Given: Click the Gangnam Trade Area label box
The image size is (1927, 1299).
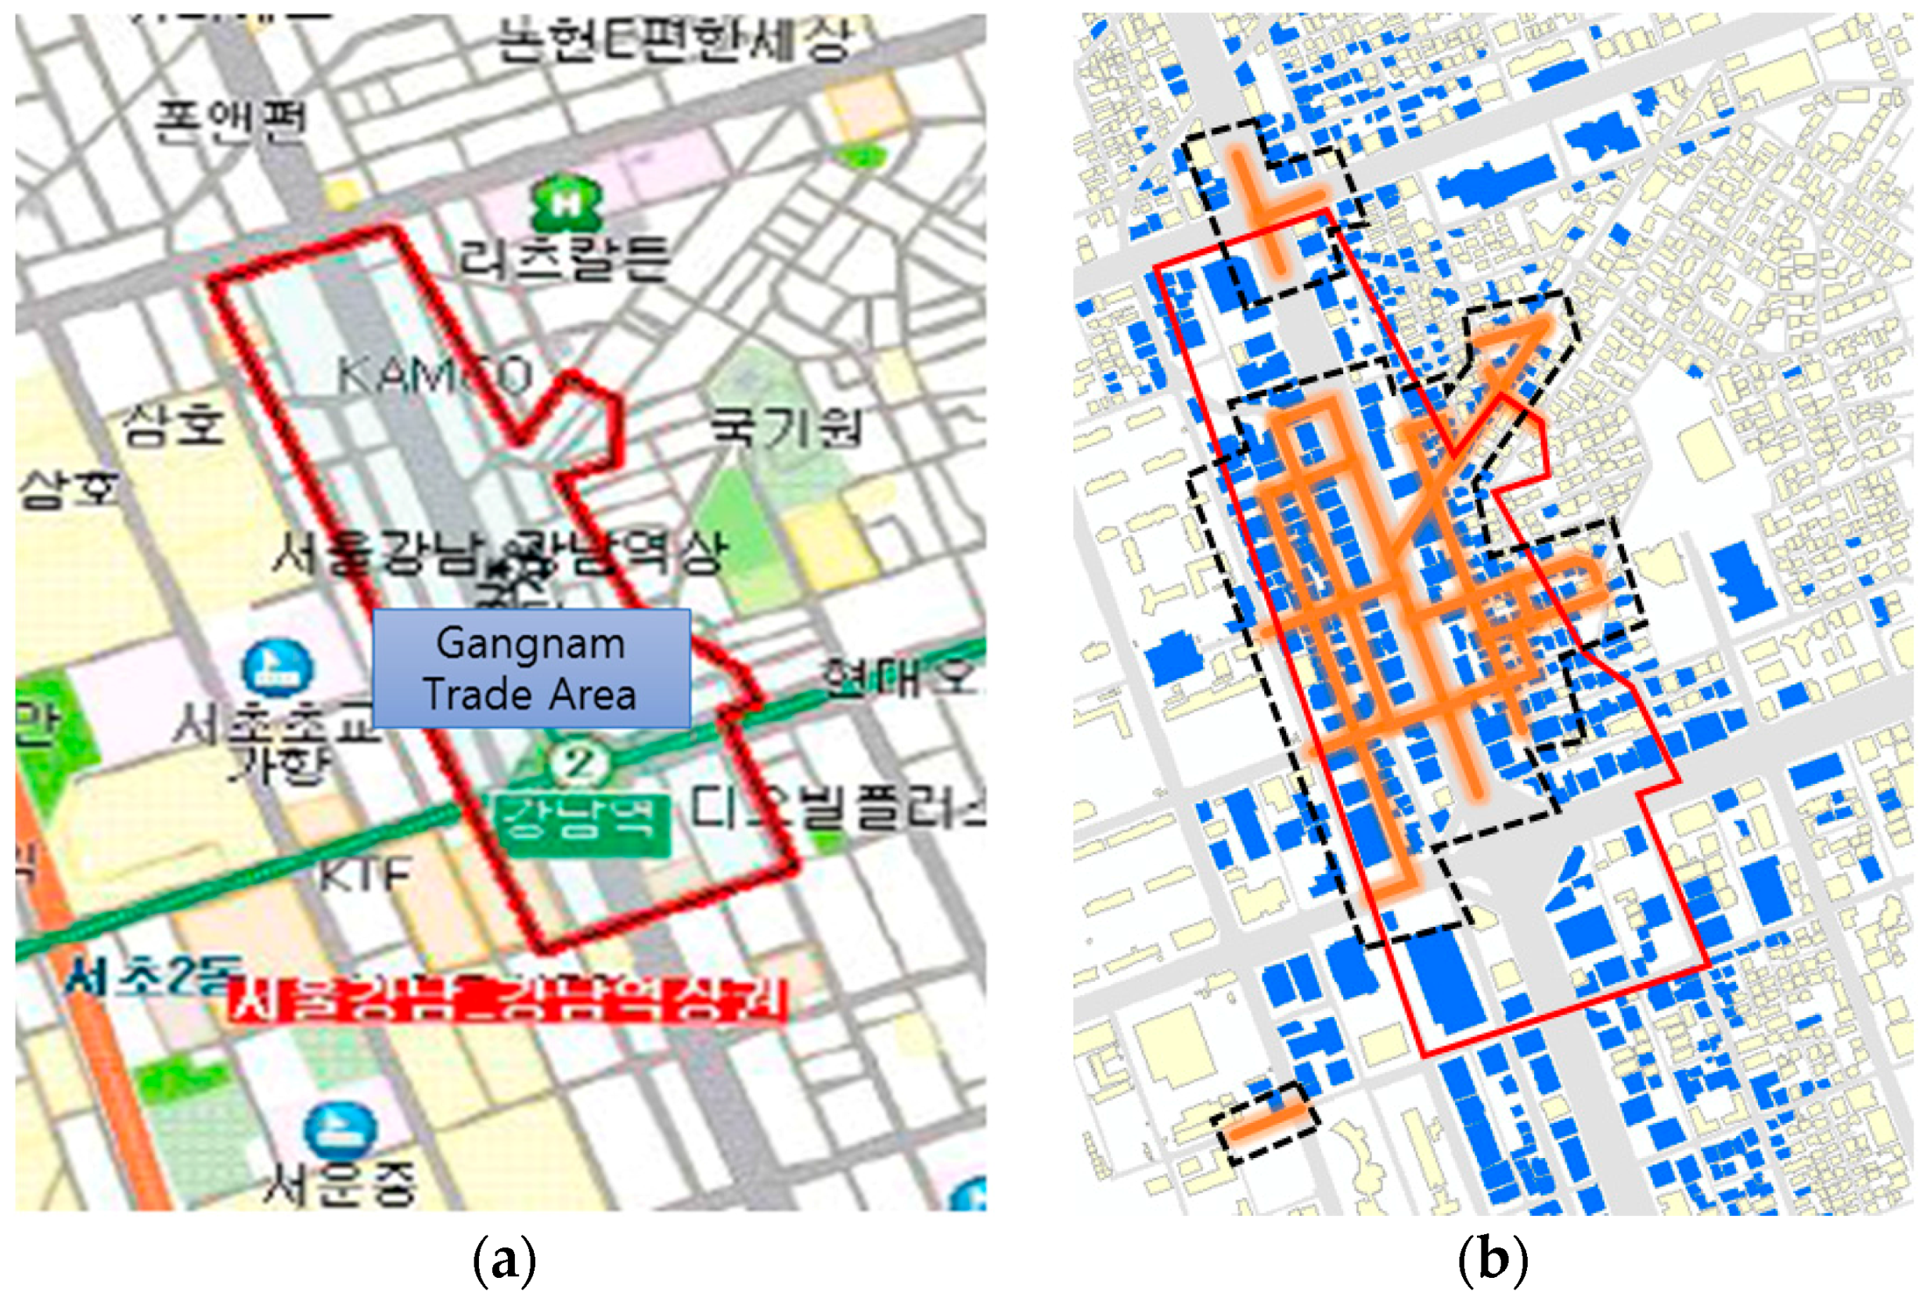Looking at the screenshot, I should point(531,669).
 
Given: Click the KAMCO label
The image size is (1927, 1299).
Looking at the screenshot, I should point(434,377).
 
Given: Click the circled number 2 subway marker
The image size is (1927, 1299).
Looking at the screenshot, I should point(579,763).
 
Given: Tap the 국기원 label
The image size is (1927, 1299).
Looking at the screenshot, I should point(784,427).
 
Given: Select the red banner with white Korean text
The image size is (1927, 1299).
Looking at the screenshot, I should point(507,1002).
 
